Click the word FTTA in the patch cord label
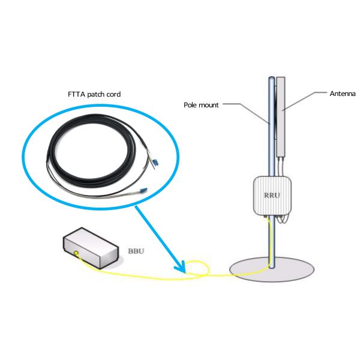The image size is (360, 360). click(76, 94)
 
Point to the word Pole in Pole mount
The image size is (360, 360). click(191, 104)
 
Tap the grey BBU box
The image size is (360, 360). click(92, 247)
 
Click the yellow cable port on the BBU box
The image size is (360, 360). click(77, 253)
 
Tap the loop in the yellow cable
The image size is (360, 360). click(196, 269)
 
